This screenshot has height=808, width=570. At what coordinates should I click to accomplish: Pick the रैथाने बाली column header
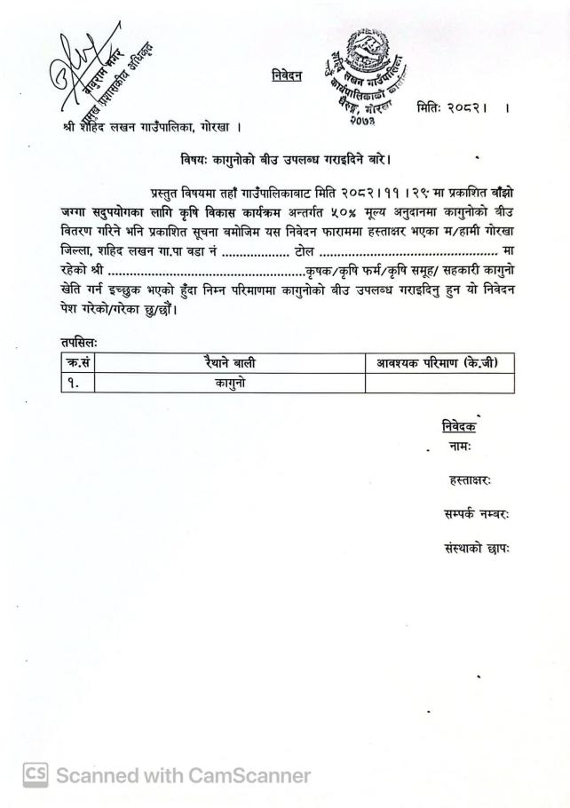pyautogui.click(x=230, y=363)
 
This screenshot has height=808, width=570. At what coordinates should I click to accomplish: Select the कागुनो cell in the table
pyautogui.click(x=230, y=383)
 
